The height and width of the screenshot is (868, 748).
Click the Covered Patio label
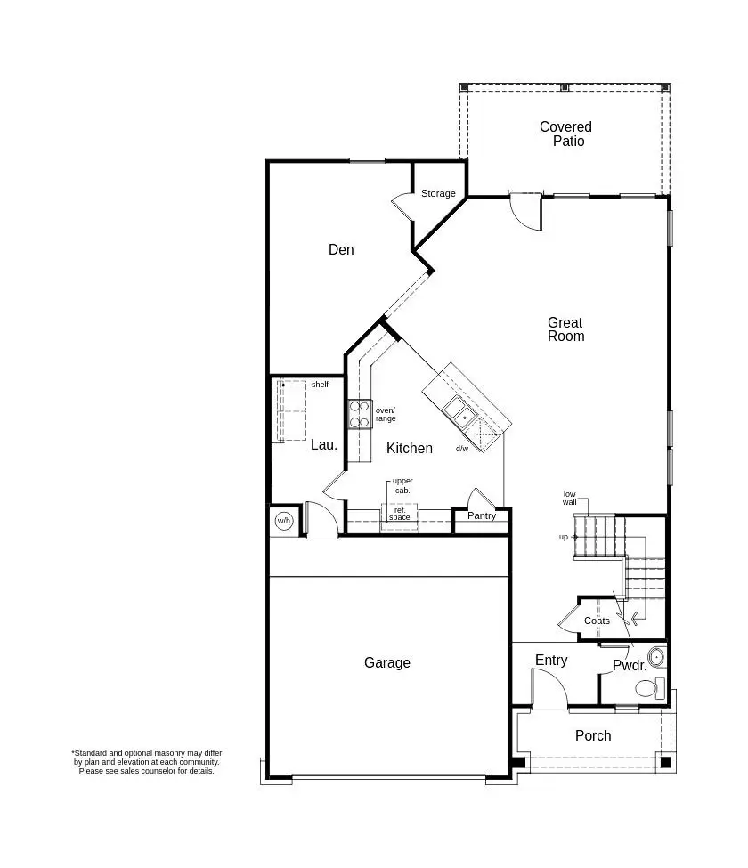point(565,134)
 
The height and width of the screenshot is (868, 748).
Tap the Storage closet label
point(438,193)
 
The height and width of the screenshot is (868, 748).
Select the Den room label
point(341,249)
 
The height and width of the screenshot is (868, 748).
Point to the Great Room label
point(565,329)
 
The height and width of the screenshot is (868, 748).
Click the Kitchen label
point(409,448)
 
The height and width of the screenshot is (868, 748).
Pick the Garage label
point(387,662)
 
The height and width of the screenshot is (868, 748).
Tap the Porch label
point(593,735)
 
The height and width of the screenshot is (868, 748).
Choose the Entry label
point(551,660)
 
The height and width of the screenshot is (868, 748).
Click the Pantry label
point(482,515)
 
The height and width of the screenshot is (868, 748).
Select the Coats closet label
point(597,621)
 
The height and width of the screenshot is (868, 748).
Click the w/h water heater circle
point(284,522)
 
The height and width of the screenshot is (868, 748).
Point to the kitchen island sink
point(459,411)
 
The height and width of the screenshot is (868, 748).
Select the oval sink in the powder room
point(656,658)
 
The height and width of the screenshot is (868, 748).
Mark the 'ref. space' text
point(400,514)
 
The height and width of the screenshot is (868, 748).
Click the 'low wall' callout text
point(570,498)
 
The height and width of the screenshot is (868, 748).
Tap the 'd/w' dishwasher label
point(462,449)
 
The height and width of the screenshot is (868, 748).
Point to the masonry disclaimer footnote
point(147,761)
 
